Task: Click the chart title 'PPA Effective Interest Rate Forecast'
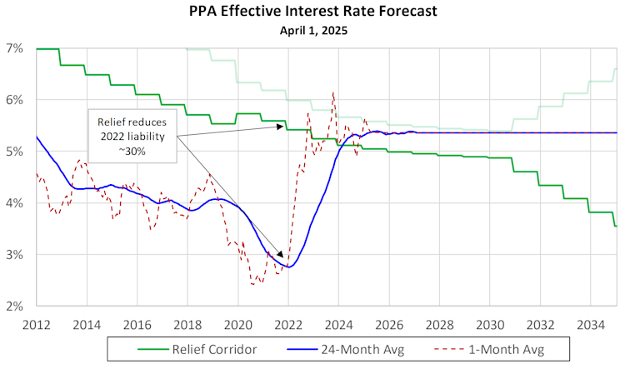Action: [x=313, y=12]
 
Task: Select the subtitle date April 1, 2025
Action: [x=313, y=30]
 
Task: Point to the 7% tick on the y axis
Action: [x=21, y=48]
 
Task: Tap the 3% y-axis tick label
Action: [x=21, y=254]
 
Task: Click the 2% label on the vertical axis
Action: [x=21, y=306]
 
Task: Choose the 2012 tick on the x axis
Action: [x=37, y=322]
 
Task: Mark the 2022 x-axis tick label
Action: [x=289, y=322]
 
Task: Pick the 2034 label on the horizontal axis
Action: [x=591, y=322]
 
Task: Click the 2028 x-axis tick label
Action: [x=440, y=322]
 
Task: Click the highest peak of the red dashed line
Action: [x=333, y=92]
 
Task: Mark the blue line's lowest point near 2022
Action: [x=288, y=267]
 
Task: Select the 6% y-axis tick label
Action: [x=21, y=100]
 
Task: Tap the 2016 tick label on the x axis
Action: [x=138, y=322]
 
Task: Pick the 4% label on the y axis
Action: [x=21, y=202]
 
